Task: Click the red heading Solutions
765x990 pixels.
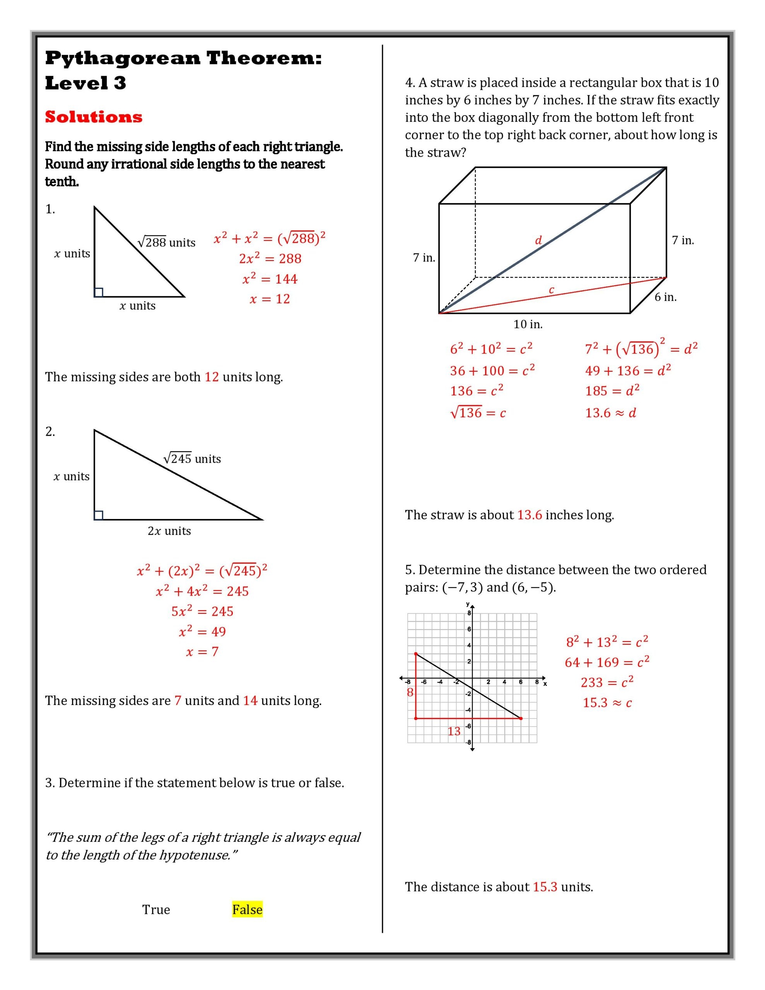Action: (94, 117)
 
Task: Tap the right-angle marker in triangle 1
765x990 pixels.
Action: (98, 292)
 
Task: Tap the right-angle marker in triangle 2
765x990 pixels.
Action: (98, 515)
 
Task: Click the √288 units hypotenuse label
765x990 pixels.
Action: (166, 242)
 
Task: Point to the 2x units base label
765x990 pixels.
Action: (169, 531)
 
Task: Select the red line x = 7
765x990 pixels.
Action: (202, 652)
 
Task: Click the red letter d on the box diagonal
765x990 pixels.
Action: (538, 240)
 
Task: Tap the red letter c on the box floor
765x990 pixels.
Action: (552, 290)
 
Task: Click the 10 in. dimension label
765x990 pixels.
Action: (528, 324)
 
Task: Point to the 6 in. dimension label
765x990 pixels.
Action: (665, 297)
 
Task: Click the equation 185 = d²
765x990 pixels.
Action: (612, 390)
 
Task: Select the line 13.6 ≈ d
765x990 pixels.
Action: (610, 413)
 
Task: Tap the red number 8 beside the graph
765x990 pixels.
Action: (410, 692)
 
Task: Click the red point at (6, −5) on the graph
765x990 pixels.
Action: (521, 718)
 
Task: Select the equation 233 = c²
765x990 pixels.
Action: (607, 682)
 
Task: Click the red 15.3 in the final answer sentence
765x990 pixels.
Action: (545, 887)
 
